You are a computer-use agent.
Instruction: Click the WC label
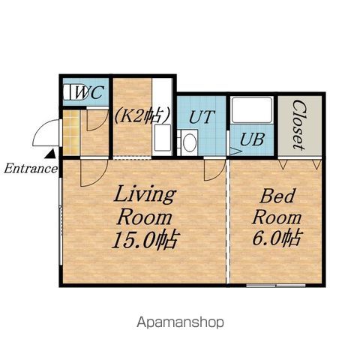[89, 92]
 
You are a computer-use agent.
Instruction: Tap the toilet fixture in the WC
[74, 92]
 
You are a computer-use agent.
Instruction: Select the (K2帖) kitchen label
[142, 115]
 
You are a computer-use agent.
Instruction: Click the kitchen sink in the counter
[163, 137]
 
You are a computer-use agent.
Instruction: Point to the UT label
[202, 116]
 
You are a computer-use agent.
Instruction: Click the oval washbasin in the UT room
[190, 142]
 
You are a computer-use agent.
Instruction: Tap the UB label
[252, 139]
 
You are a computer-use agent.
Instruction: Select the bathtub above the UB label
[252, 110]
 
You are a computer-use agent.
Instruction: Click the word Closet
[299, 124]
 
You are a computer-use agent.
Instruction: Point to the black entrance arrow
[51, 154]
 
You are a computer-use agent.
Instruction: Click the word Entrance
[31, 169]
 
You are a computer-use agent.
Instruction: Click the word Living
[145, 195]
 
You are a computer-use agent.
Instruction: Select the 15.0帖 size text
[145, 239]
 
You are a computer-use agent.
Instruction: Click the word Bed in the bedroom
[277, 196]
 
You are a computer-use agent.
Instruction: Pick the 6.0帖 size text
[277, 237]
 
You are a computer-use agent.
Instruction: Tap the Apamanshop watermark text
[180, 322]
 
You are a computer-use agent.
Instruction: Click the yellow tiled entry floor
[71, 132]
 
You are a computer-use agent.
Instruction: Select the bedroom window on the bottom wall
[276, 285]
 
